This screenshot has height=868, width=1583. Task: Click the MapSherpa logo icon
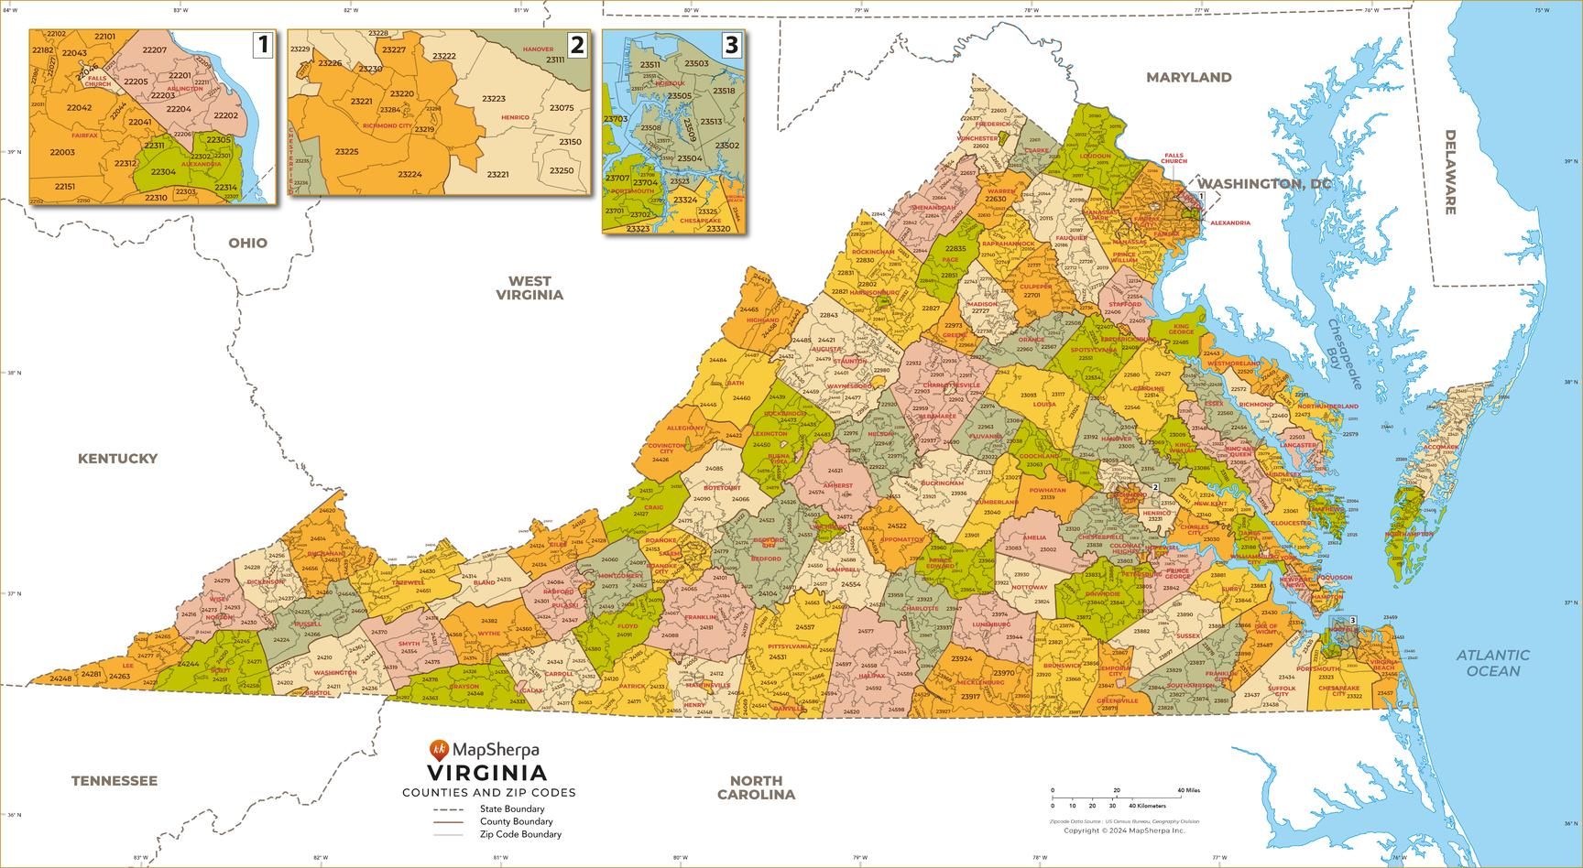pyautogui.click(x=440, y=751)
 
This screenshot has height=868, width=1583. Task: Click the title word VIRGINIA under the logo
pyautogui.click(x=486, y=774)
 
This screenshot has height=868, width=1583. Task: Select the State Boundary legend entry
pyautogui.click(x=511, y=808)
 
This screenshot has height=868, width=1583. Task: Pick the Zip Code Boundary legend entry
pyautogui.click(x=520, y=834)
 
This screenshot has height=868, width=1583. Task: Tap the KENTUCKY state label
pyautogui.click(x=117, y=459)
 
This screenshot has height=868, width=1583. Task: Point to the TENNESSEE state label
pyautogui.click(x=115, y=781)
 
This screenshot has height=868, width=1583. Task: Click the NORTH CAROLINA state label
pyautogui.click(x=756, y=787)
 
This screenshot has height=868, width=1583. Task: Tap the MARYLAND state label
pyautogui.click(x=1189, y=78)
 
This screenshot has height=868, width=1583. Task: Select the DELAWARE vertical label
pyautogui.click(x=1450, y=172)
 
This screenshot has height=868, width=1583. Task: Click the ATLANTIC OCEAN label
pyautogui.click(x=1493, y=663)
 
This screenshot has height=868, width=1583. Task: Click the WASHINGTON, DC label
pyautogui.click(x=1264, y=184)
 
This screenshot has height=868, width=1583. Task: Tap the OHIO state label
pyautogui.click(x=247, y=243)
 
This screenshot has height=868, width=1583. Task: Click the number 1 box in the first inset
pyautogui.click(x=263, y=44)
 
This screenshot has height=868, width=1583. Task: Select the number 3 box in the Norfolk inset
pyautogui.click(x=730, y=44)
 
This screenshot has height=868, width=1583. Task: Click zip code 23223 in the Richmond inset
pyautogui.click(x=494, y=99)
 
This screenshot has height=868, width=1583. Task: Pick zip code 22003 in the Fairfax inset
pyautogui.click(x=62, y=152)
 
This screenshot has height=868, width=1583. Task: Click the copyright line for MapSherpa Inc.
pyautogui.click(x=1124, y=830)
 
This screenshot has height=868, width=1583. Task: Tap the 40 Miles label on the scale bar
pyautogui.click(x=1188, y=790)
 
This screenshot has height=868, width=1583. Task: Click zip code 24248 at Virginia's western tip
pyautogui.click(x=60, y=678)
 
